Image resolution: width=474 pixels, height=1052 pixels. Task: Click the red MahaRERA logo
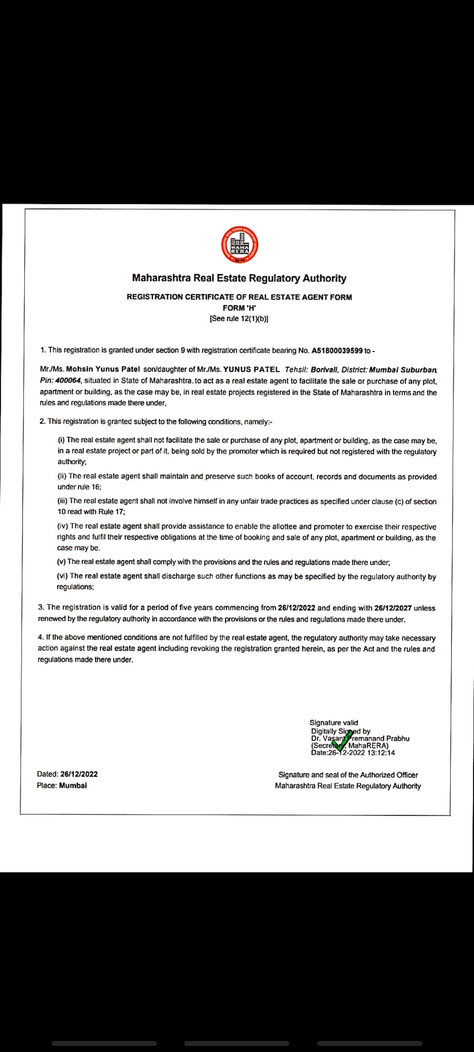pos(239,245)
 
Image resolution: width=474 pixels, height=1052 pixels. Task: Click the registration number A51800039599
pos(337,351)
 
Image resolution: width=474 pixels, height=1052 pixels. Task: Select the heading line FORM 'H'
pos(239,308)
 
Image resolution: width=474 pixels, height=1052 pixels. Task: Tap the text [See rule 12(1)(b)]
pos(239,319)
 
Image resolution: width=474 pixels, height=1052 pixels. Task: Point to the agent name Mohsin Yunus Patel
pos(103,369)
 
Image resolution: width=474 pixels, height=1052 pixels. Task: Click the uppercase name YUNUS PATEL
pos(251,370)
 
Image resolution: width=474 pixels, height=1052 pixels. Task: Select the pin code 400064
pos(68,380)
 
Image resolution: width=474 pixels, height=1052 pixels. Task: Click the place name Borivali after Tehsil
pos(324,370)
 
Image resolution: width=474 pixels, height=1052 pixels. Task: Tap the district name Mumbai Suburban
pos(403,370)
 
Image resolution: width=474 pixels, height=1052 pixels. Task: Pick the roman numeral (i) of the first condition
pos(61,440)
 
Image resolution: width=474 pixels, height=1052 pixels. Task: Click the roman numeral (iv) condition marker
pos(62,526)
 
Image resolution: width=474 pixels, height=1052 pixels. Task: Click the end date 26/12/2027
pos(393,608)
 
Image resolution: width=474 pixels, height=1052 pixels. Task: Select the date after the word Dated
pos(79,774)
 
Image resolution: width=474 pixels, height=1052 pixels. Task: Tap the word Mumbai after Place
pos(73,785)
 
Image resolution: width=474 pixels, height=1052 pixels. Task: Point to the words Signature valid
pos(334,722)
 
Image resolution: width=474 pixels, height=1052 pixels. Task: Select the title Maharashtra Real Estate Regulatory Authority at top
pos(239,278)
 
